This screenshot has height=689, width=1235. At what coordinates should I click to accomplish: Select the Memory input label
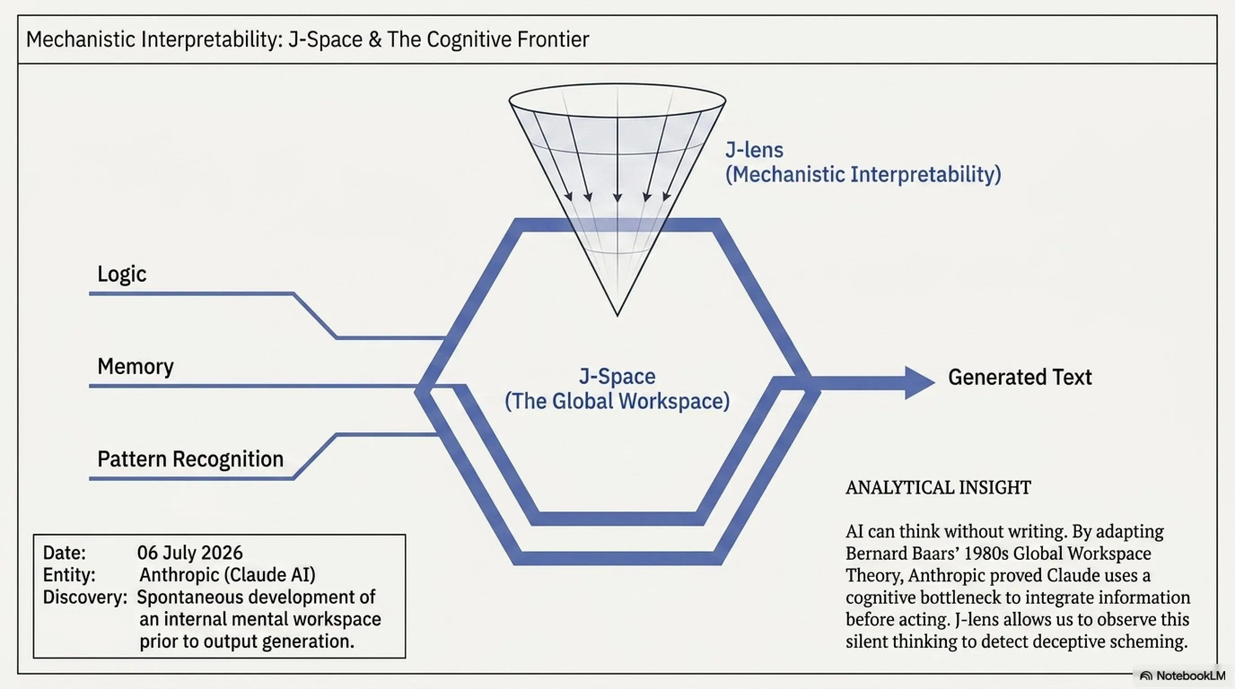[x=136, y=366]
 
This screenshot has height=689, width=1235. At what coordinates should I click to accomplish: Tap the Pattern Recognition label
[x=190, y=459]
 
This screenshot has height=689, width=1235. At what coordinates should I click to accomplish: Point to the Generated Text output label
[x=1020, y=377]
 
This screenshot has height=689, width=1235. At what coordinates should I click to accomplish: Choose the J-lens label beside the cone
[x=754, y=150]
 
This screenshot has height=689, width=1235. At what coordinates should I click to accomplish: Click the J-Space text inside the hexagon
[x=617, y=376]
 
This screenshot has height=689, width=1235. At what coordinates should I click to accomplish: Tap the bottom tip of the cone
[x=617, y=316]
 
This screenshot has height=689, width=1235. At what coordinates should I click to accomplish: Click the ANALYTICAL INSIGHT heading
[x=938, y=488]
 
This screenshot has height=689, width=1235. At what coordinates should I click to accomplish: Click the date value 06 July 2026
[x=190, y=553]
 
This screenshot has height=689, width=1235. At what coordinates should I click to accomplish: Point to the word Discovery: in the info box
[x=85, y=597]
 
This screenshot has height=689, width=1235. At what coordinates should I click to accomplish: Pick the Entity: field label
[x=69, y=575]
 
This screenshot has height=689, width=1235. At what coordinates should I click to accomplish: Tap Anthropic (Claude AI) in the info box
[x=227, y=575]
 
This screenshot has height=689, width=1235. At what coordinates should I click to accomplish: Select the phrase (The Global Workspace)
[x=617, y=401]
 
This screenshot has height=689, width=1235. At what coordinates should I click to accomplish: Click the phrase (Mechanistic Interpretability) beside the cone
[x=863, y=174]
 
